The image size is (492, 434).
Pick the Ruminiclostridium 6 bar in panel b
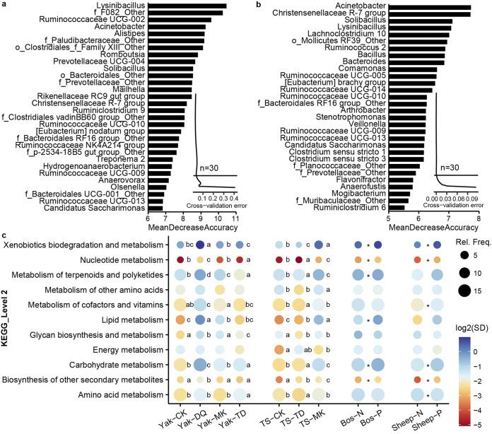396,208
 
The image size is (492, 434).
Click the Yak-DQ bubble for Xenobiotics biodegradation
199,245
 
